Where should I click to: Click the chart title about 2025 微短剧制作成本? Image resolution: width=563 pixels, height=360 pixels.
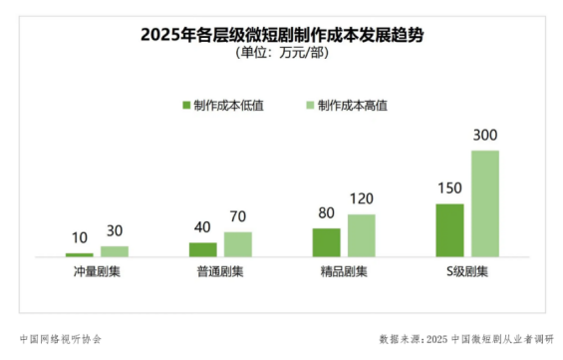coord(280,35)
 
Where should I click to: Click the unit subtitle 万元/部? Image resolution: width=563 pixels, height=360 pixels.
coord(281,53)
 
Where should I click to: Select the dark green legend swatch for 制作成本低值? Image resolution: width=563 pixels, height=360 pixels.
coord(186,105)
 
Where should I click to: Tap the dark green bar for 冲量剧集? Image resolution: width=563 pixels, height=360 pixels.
coord(79,255)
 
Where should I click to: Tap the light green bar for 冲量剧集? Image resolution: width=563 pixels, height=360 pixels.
coord(115,251)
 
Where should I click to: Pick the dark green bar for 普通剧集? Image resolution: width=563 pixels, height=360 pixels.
coord(202,249)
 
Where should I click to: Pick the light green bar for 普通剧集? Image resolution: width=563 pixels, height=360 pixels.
coord(238,244)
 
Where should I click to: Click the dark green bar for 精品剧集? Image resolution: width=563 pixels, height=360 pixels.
coord(326,242)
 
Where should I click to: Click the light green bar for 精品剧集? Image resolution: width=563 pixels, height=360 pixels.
coord(362,235)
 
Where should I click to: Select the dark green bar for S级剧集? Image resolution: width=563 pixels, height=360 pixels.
coord(449,230)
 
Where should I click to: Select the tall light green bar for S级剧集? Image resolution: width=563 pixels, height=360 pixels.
coord(485,203)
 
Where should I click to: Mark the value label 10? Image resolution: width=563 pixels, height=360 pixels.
coord(79,240)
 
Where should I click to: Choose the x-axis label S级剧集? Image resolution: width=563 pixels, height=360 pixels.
coord(467,270)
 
